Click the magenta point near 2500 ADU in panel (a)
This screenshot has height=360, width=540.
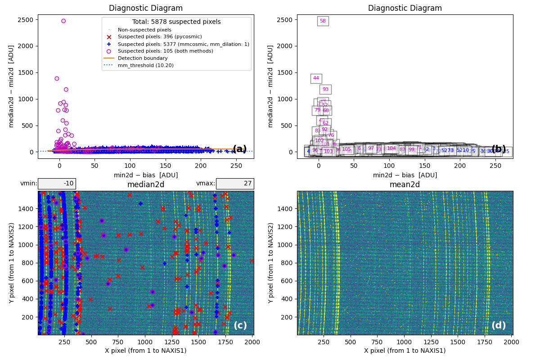(x=63, y=21)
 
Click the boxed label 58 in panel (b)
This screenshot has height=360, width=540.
(x=323, y=21)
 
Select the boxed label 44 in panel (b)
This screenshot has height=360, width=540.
(x=316, y=78)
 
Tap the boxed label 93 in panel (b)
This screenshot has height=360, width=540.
(x=325, y=90)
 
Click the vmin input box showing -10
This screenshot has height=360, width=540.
(x=57, y=184)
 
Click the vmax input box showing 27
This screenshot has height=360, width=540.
(x=235, y=184)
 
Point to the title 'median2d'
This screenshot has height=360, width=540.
(x=146, y=184)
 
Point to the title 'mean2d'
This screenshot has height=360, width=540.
(x=405, y=184)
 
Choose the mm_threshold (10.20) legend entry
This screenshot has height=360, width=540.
(x=145, y=65)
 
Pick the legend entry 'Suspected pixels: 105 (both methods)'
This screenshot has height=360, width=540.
(x=165, y=51)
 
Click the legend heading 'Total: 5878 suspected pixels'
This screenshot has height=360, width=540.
(x=176, y=22)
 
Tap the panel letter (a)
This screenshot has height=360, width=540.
(x=239, y=149)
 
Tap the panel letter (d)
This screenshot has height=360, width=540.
(x=499, y=325)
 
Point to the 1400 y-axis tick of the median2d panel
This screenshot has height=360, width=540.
(x=28, y=209)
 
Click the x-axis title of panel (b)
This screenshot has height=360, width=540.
(x=405, y=175)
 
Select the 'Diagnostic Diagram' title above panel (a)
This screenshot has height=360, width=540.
(x=146, y=8)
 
